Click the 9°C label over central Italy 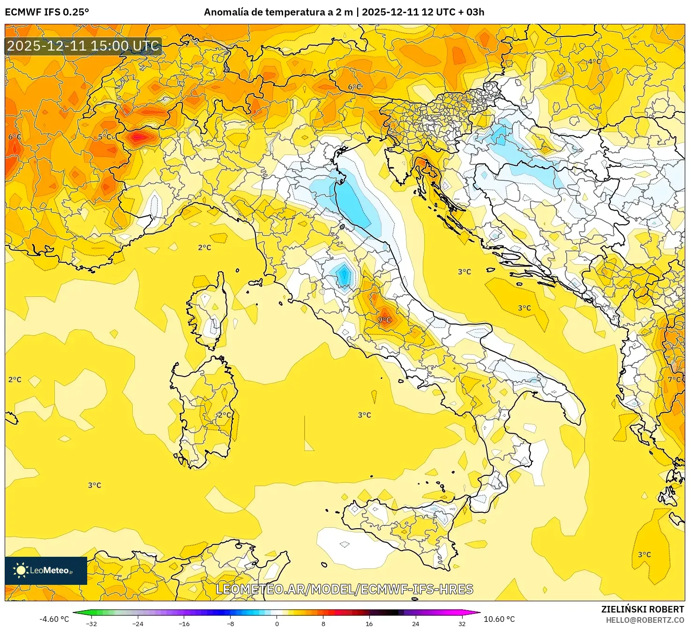coord(384,320)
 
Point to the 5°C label coord(105,137)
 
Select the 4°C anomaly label coord(594,61)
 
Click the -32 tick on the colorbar coord(91,623)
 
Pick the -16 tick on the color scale coord(184,623)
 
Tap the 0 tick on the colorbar coord(277,623)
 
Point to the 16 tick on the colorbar coord(369,623)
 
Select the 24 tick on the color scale coord(415,623)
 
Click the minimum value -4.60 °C coord(54,619)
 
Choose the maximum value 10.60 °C coord(499,619)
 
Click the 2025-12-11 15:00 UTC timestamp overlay coord(83,46)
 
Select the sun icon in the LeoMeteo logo coord(21,570)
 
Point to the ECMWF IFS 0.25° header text coord(47,12)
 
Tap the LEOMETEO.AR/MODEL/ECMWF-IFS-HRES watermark coord(344,589)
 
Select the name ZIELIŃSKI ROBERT coord(643,609)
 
